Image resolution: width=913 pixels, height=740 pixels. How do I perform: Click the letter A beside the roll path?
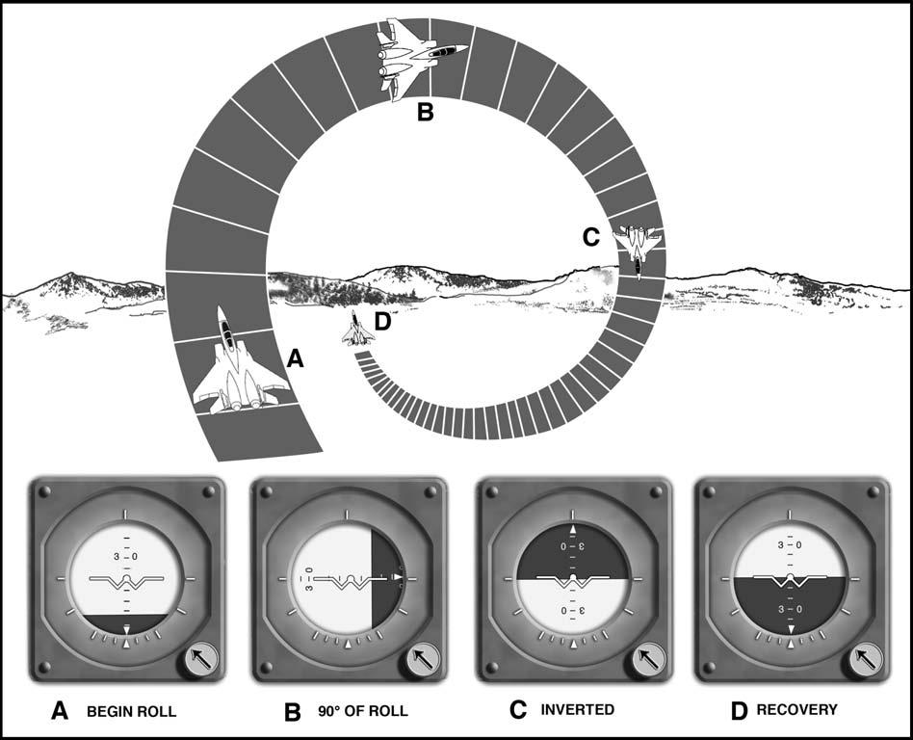pyautogui.click(x=297, y=358)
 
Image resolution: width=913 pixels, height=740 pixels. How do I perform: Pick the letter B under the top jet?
pyautogui.click(x=425, y=113)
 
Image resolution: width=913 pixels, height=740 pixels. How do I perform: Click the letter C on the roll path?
pyautogui.click(x=593, y=237)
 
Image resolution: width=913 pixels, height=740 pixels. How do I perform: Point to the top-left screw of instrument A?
pyautogui.click(x=44, y=492)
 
